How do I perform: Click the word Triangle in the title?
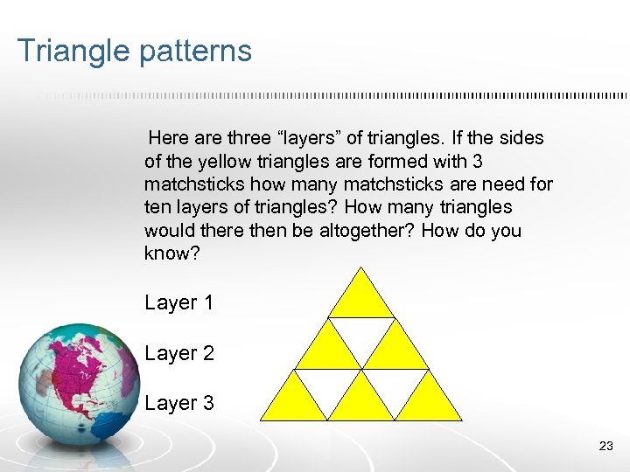pyautogui.click(x=72, y=51)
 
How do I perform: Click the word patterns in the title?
pyautogui.click(x=194, y=51)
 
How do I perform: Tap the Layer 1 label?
pyautogui.click(x=178, y=303)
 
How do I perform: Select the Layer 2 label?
pyautogui.click(x=178, y=354)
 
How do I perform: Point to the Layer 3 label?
pyautogui.click(x=178, y=404)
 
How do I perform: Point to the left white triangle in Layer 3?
pyautogui.click(x=328, y=385)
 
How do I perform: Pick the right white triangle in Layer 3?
pyautogui.click(x=395, y=385)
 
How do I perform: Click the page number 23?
pyautogui.click(x=605, y=447)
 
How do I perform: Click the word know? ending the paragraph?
pyautogui.click(x=169, y=253)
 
